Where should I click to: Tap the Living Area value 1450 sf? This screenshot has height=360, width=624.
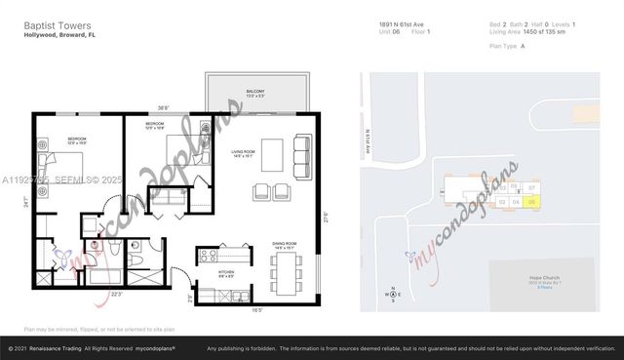click(x=534, y=31)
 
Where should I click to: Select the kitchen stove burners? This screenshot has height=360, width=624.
click(x=207, y=256)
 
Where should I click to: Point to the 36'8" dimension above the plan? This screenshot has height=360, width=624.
click(x=164, y=107)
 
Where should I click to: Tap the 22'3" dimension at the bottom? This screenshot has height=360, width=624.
click(x=116, y=294)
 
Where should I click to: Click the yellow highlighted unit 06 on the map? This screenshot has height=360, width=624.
click(x=531, y=203)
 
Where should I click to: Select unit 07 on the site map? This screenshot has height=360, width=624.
click(x=531, y=186)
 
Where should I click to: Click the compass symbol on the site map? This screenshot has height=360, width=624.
click(x=393, y=293)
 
